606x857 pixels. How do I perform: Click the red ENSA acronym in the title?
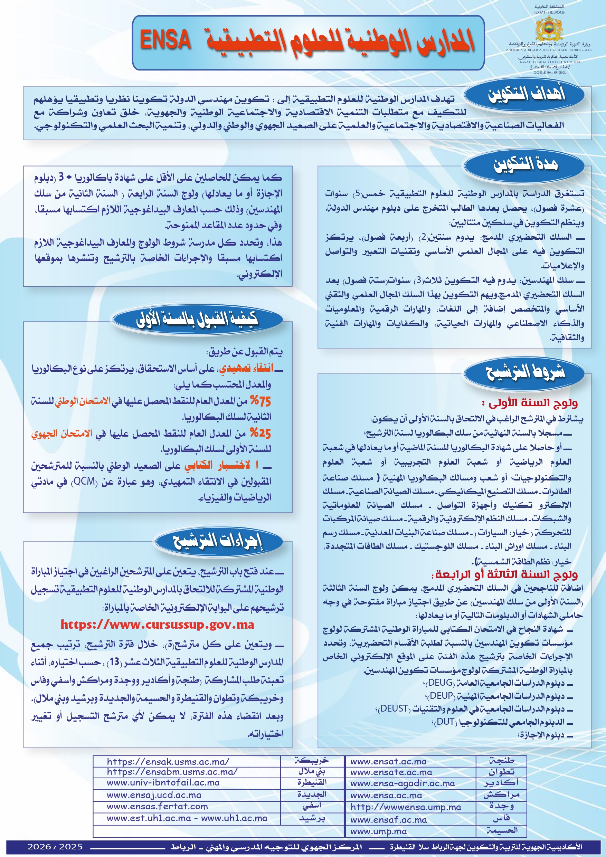pos(165,40)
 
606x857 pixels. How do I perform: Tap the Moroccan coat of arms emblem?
pos(549,28)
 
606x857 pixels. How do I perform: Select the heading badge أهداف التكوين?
pos(526,94)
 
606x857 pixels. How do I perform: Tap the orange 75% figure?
pos(260,401)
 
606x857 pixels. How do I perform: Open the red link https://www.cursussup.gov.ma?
pos(157,625)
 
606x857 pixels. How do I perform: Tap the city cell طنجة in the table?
pos(501,761)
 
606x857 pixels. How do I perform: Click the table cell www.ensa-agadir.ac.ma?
pos(403,783)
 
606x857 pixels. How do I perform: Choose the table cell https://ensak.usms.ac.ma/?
pos(168,762)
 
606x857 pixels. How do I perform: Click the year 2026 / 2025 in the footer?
pos(55,847)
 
